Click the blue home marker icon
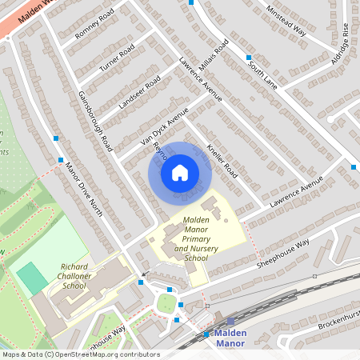tap(180, 173)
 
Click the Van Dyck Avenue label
tap(162, 126)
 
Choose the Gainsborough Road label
tap(95, 118)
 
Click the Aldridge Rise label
tap(340, 44)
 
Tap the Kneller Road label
tap(222, 158)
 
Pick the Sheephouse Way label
tap(282, 254)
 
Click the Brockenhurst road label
tap(339, 318)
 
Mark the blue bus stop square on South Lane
tap(249, 58)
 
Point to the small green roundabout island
tap(166, 302)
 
